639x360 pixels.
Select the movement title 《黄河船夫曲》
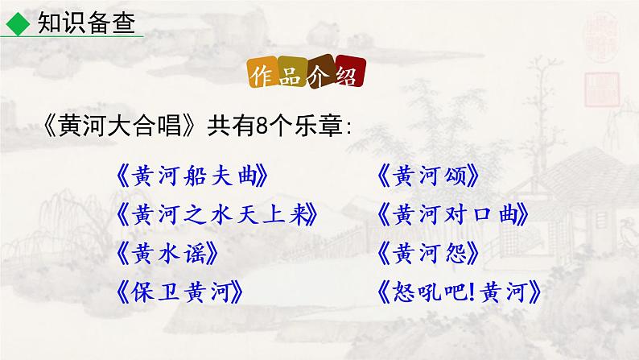pyautogui.click(x=191, y=174)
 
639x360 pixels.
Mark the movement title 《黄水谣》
pyautogui.click(x=167, y=253)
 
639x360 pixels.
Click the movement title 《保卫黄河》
pyautogui.click(x=178, y=292)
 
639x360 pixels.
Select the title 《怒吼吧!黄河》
pyautogui.click(x=459, y=292)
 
